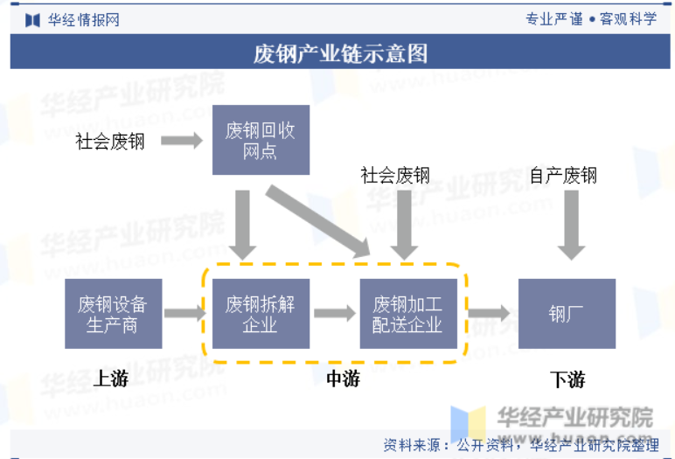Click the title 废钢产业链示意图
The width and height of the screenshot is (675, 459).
coord(340,54)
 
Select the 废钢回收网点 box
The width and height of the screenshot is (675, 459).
coord(261,140)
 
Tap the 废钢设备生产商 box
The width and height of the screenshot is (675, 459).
coord(113,314)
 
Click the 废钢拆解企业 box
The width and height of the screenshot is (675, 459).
coord(261,314)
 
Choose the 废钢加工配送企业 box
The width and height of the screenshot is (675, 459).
coord(408,314)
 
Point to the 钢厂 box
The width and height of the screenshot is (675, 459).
coord(567,314)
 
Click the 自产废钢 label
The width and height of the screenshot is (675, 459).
coord(563,176)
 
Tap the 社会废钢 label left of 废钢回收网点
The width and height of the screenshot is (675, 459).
coord(110,142)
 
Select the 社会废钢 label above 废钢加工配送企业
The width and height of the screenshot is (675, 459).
coord(395,176)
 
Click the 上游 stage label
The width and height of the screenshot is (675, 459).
coord(111,379)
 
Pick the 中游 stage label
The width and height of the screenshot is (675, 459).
coord(343,379)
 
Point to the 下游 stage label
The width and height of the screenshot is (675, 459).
coord(567,379)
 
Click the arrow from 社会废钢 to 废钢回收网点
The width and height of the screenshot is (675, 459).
coord(182,141)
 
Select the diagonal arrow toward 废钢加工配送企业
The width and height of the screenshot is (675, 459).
coord(318,221)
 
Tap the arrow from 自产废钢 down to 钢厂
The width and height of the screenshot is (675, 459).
coord(571,226)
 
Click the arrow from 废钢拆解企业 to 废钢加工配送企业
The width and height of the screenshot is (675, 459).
coord(335,313)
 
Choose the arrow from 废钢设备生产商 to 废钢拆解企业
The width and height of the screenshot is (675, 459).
coord(185,313)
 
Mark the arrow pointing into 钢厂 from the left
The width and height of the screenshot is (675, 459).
coord(489,313)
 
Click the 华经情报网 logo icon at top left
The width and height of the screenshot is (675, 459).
coord(32,20)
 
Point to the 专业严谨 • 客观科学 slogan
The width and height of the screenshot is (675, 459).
coord(591,19)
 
